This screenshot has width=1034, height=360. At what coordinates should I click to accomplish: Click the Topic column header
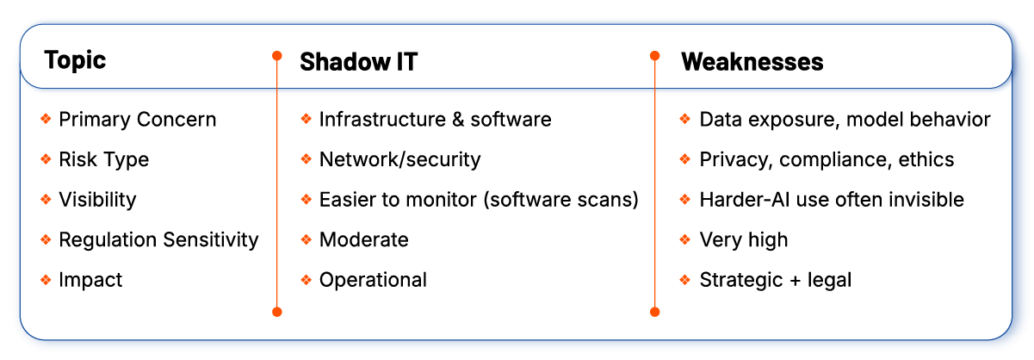[75, 60]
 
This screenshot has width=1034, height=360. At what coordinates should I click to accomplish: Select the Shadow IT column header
[358, 62]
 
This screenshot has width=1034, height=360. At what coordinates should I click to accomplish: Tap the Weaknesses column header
[752, 62]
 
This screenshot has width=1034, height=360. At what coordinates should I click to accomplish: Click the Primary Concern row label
[137, 120]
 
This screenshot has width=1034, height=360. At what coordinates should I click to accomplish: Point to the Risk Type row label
[103, 159]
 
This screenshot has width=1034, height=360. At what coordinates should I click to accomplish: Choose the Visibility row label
[97, 200]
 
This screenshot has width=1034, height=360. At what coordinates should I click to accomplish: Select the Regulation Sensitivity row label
[158, 239]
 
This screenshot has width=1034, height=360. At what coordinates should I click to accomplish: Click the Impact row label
[90, 280]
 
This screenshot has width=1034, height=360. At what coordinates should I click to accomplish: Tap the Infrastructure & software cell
[435, 120]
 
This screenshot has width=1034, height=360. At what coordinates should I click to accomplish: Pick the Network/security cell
[399, 159]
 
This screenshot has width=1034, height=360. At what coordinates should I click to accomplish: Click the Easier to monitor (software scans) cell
[479, 200]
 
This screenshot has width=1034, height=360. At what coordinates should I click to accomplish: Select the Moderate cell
[363, 239]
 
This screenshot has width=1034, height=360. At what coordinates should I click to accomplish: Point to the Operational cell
[373, 280]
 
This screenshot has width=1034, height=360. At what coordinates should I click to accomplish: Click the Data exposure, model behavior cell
[845, 120]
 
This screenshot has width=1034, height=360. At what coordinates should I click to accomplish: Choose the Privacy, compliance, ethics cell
[827, 159]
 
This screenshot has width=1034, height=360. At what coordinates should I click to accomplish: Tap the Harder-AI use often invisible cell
[832, 200]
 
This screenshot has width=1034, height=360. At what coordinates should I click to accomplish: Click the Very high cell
[743, 239]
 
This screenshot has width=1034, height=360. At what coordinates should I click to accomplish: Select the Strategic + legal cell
[776, 280]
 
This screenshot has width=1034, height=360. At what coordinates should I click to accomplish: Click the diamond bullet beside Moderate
[306, 239]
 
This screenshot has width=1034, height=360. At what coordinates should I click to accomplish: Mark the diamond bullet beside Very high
[685, 239]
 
